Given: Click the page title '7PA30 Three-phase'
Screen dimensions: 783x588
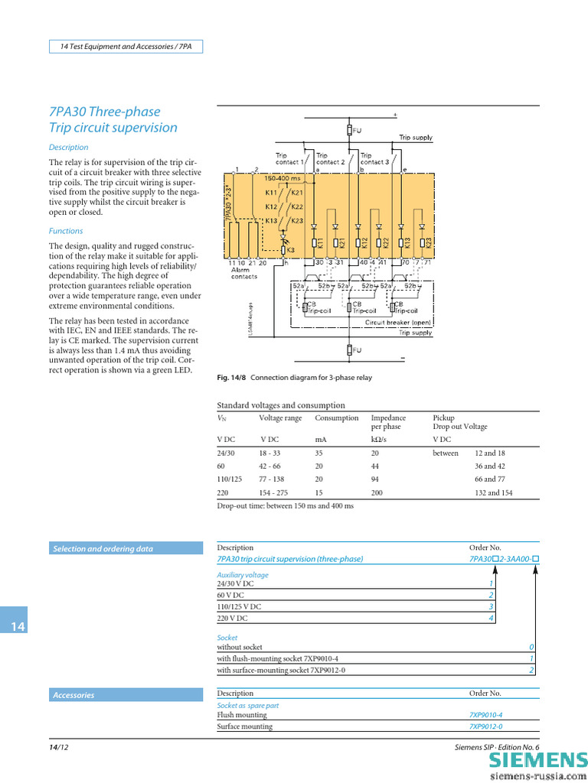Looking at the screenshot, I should click(105, 112).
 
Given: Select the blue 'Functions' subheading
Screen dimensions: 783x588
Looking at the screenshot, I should click(66, 231).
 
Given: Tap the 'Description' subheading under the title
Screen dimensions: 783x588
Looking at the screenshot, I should click(69, 148).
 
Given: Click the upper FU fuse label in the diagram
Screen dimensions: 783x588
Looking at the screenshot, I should click(358, 132).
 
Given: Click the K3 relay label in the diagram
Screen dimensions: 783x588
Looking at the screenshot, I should click(291, 250).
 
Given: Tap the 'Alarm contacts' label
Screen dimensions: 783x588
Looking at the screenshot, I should click(244, 273).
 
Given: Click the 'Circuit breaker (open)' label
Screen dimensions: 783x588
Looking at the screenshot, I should click(398, 323).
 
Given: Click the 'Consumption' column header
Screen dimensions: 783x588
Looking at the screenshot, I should click(336, 418).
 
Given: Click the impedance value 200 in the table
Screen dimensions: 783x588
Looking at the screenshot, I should click(377, 493).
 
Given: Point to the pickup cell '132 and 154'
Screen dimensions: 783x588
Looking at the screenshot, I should click(490, 493).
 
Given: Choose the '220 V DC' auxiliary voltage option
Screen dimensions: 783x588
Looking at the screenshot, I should click(233, 618).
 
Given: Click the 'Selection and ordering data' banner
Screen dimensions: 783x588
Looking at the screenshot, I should click(103, 549).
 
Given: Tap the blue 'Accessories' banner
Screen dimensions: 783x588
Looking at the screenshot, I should click(73, 695).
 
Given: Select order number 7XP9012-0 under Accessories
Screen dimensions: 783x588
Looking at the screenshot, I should click(485, 726).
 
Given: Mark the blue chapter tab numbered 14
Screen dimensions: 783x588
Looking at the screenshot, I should click(18, 627).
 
